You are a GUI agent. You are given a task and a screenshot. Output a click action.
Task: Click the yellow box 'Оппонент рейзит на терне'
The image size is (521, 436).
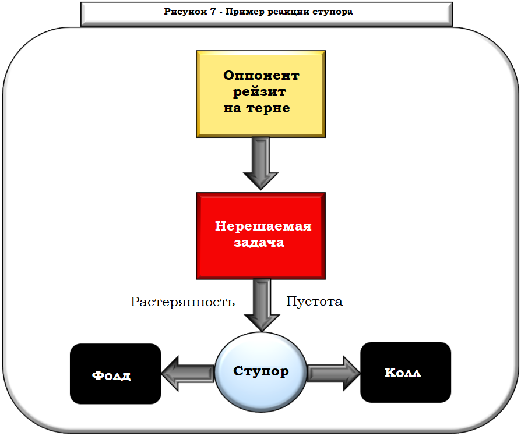(x=260, y=94)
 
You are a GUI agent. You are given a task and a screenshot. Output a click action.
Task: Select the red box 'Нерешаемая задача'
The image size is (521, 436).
(x=260, y=235)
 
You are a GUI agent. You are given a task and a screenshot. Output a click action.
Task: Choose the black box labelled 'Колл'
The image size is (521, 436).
(x=406, y=373)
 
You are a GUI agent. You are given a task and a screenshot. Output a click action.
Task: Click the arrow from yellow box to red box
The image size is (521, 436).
(x=260, y=164)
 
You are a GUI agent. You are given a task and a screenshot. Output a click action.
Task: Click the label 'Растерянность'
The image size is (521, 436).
(x=182, y=302)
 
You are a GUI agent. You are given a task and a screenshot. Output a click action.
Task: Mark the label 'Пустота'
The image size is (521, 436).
(x=315, y=302)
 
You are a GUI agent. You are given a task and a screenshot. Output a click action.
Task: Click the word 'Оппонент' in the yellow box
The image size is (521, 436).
(x=261, y=76)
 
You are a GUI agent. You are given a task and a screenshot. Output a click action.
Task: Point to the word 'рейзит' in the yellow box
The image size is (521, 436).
(x=259, y=92)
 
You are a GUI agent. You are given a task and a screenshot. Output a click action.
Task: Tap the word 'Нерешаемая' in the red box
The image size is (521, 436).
(x=263, y=226)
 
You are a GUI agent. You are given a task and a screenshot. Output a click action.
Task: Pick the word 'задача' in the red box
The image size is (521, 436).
(x=259, y=243)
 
